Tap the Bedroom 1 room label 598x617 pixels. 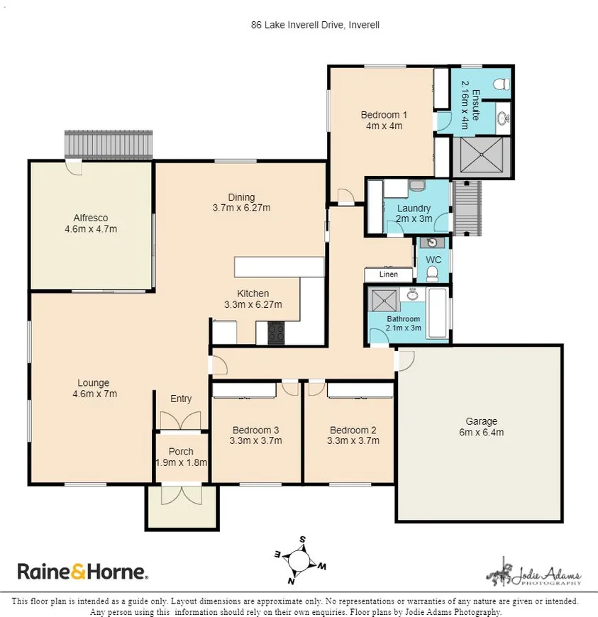383,115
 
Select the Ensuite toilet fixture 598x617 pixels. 502,84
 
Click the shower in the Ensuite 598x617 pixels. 482,156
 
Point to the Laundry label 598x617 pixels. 414,209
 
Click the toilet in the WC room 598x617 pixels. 433,274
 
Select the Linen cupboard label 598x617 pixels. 387,274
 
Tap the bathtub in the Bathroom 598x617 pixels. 438,312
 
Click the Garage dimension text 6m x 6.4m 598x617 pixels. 480,431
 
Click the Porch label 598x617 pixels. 181,452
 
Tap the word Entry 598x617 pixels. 181,399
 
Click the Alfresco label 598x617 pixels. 90,218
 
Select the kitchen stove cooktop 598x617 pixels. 275,333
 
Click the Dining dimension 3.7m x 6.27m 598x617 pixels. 241,208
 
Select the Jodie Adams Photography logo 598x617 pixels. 533,572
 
